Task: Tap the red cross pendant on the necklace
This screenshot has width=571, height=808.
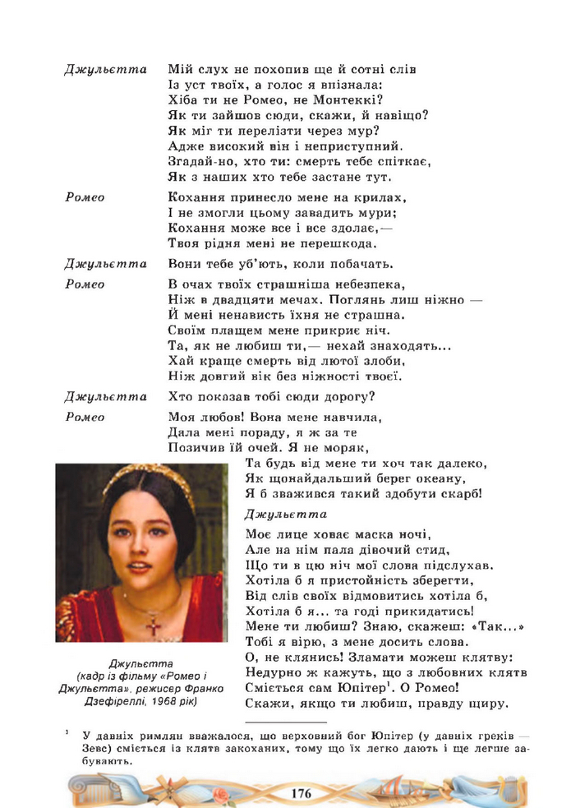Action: click(153, 625)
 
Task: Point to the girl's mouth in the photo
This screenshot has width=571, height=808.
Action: click(140, 569)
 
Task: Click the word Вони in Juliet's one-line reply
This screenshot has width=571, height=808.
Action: click(186, 264)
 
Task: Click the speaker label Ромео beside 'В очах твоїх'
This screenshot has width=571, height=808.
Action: click(85, 284)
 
